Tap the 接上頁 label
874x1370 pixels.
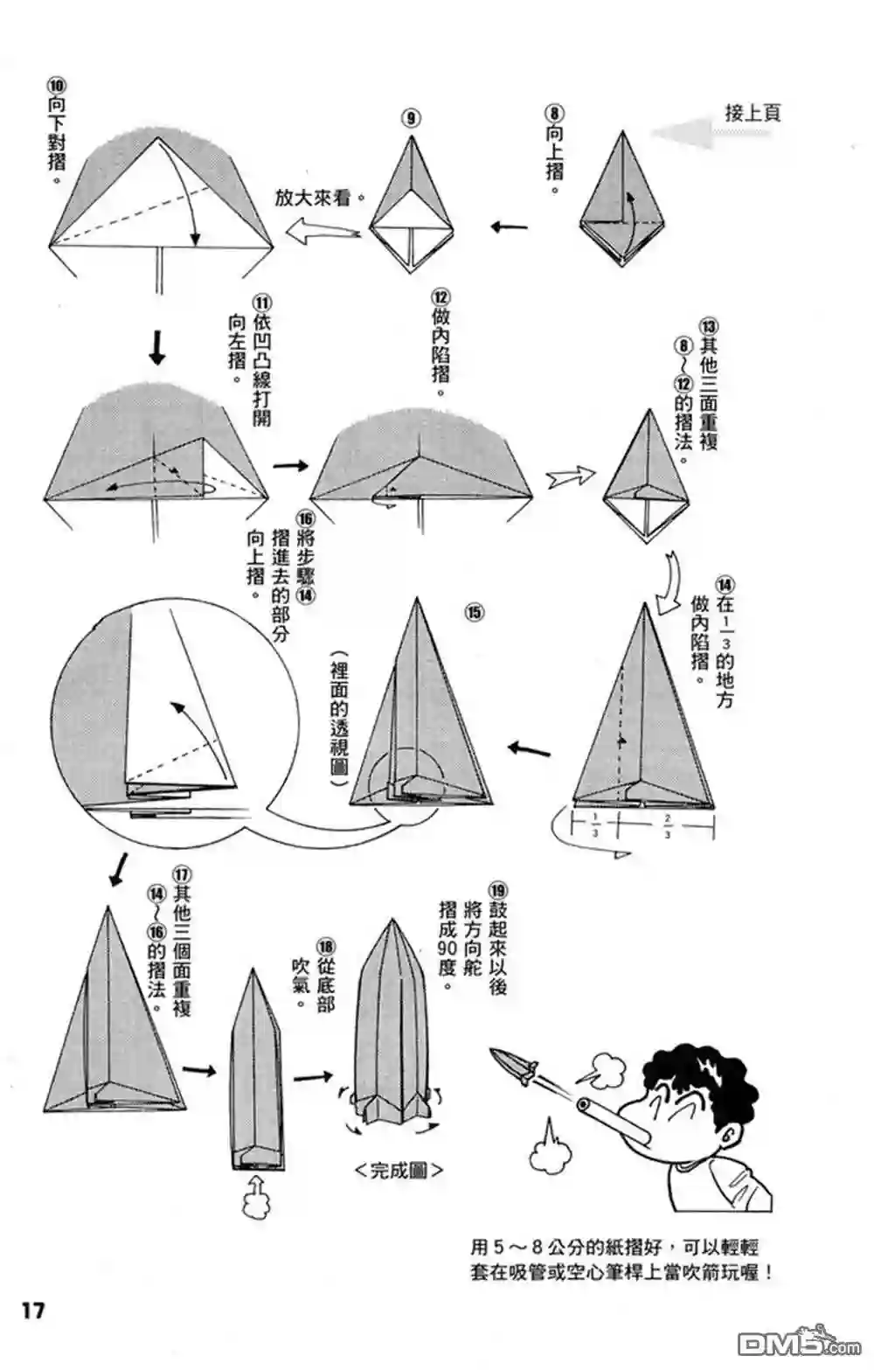tap(753, 114)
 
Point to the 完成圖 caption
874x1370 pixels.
tap(399, 1170)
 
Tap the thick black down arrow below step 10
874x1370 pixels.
tap(158, 347)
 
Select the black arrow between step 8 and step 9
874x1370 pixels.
tap(510, 228)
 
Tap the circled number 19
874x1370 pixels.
tap(498, 891)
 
